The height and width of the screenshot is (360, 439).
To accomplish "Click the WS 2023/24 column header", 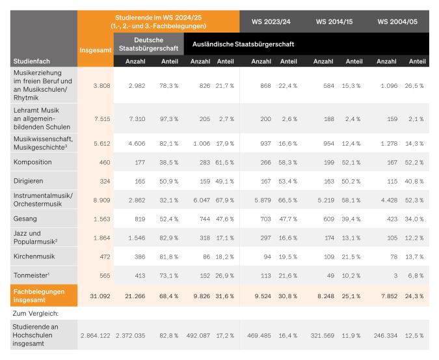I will tap(271, 21).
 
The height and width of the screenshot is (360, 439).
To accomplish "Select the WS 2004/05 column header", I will tap(398, 21).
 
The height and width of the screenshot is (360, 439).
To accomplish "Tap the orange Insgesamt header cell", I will tap(96, 49).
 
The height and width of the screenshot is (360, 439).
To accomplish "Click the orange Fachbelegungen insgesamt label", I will tap(39, 296).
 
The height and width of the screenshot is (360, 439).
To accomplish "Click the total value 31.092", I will tap(98, 296).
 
